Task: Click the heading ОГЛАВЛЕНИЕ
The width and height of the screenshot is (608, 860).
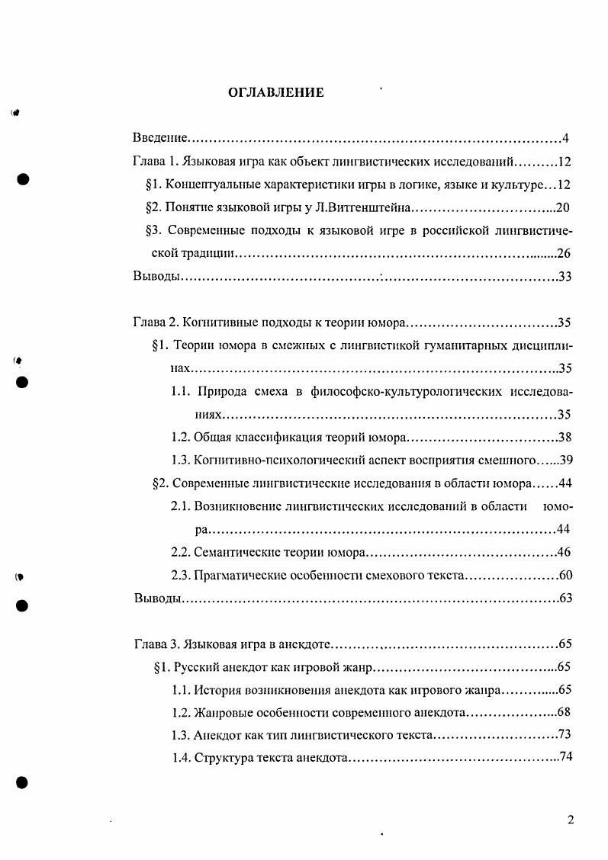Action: (x=276, y=93)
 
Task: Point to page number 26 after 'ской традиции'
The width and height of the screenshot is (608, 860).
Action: (x=565, y=253)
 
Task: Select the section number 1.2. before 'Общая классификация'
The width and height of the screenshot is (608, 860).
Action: (x=181, y=438)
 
